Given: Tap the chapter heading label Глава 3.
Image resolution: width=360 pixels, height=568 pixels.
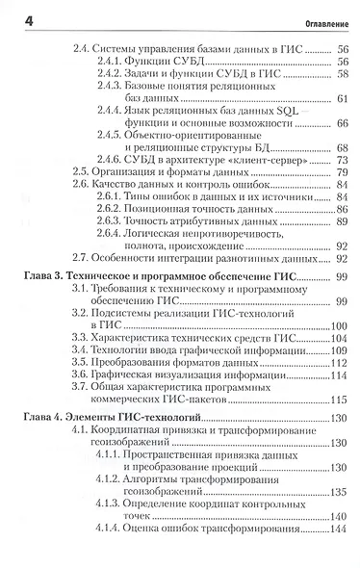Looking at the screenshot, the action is (43, 276).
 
